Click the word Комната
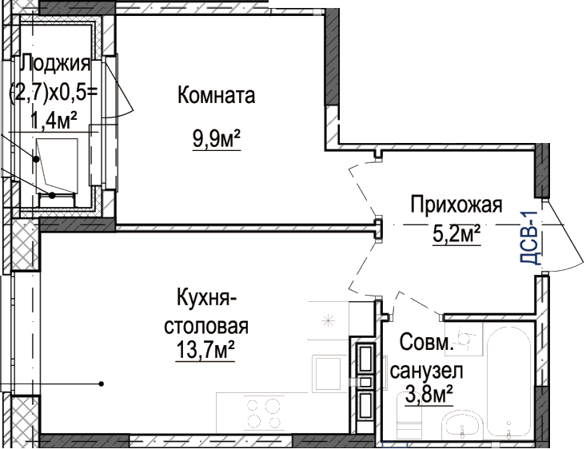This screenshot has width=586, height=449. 217,95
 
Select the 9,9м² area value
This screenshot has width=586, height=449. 217,138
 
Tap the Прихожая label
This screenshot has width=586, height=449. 456,205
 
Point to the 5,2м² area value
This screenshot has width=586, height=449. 456,234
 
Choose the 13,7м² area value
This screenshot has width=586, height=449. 205,349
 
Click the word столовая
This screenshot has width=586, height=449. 206,326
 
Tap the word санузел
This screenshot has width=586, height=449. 426,371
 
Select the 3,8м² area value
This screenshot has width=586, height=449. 429,395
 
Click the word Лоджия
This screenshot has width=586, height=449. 55,63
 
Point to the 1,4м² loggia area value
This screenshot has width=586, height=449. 54,120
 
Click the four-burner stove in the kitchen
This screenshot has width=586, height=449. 264,413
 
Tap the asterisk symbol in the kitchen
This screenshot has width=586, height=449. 328,320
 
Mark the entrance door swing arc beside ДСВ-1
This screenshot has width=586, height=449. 564,236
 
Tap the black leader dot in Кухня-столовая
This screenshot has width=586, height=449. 101,383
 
